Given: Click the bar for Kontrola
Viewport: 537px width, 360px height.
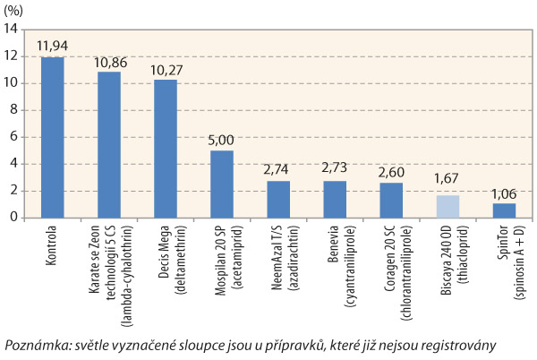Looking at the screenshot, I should point(53,137).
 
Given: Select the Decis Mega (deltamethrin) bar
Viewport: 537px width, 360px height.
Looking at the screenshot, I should point(166,149).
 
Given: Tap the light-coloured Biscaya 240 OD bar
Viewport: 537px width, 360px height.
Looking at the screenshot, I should point(447,206).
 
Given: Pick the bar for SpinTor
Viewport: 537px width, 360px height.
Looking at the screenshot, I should point(504,210).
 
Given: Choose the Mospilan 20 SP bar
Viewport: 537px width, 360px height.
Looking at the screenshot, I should point(222,184).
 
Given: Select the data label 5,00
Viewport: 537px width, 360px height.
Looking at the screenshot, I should point(222,141).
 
